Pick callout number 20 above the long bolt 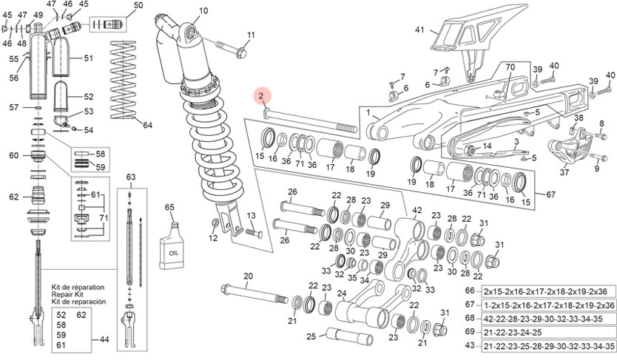click(249, 276)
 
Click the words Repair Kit click(69, 293)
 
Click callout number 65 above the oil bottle click(169, 208)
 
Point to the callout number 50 click(138, 7)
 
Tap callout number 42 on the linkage click(417, 210)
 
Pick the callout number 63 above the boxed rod click(131, 177)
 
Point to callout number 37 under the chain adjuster click(564, 173)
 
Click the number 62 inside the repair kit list click(81, 316)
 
